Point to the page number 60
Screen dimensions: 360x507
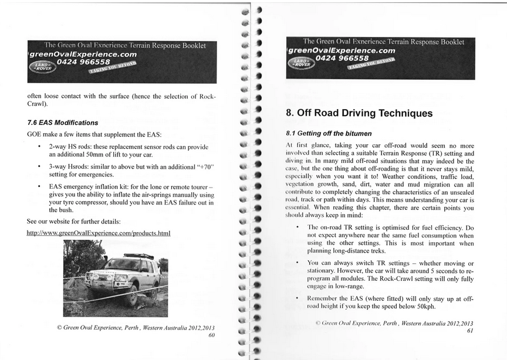(212, 335)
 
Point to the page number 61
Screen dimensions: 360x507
(469, 331)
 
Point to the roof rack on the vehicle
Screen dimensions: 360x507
(138, 256)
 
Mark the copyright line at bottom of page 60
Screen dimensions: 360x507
(136, 327)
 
